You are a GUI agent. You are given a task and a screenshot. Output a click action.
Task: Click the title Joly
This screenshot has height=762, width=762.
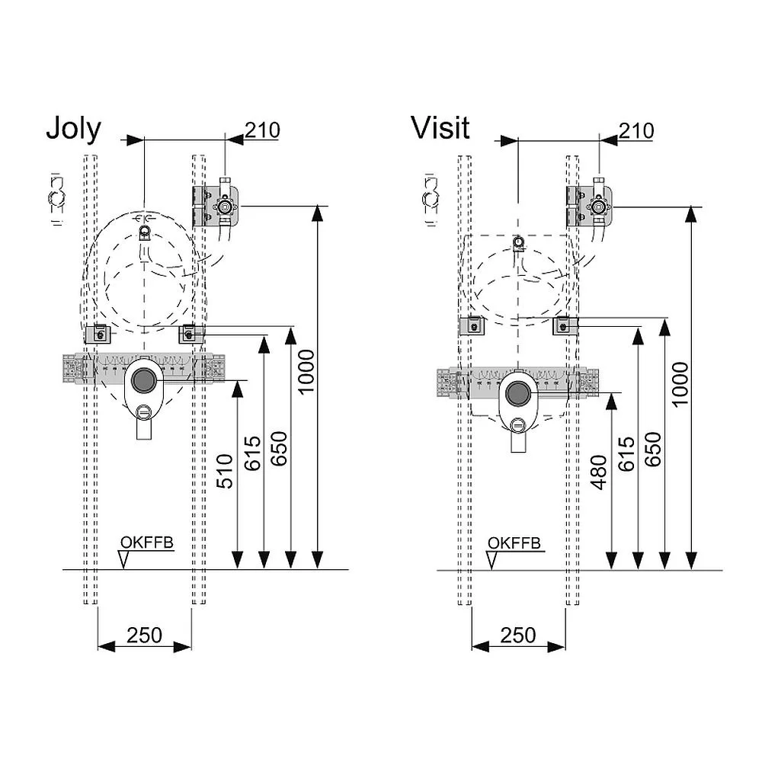[x=73, y=129]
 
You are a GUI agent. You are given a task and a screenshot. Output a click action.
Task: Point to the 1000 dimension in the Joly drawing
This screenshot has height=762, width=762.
[x=306, y=372]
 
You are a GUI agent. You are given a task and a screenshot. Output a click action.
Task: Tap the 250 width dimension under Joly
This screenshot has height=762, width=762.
[x=145, y=635]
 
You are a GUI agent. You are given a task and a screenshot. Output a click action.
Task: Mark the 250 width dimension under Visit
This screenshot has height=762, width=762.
[x=518, y=634]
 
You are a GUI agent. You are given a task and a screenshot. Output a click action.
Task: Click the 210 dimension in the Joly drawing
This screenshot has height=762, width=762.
[x=262, y=130]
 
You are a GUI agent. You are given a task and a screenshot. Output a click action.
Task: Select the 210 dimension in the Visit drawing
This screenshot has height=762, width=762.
[x=636, y=130]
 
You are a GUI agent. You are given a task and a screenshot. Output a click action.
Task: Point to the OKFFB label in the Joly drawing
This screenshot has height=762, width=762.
[x=146, y=543]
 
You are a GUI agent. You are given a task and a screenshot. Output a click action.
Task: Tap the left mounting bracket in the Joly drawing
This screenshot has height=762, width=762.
[x=98, y=333]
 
